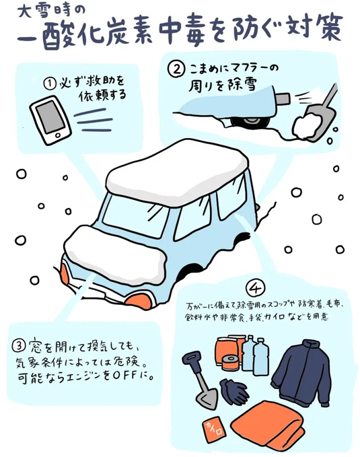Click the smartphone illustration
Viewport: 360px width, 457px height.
click(50, 120)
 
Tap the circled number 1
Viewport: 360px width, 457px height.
click(50, 84)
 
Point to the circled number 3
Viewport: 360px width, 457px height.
click(19, 346)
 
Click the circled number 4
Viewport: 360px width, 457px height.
click(256, 288)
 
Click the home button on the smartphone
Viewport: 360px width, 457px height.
click(58, 135)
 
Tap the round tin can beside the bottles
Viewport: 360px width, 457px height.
click(230, 363)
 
